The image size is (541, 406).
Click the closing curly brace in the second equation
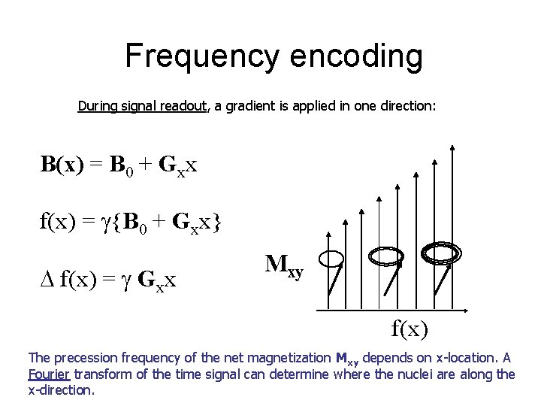click(x=216, y=223)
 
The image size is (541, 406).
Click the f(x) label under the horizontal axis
click(x=409, y=329)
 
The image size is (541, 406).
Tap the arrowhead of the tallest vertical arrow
click(x=452, y=148)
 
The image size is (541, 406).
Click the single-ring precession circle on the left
click(x=331, y=259)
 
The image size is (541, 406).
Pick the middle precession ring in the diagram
click(x=385, y=257)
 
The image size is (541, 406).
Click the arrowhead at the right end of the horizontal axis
click(x=467, y=309)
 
